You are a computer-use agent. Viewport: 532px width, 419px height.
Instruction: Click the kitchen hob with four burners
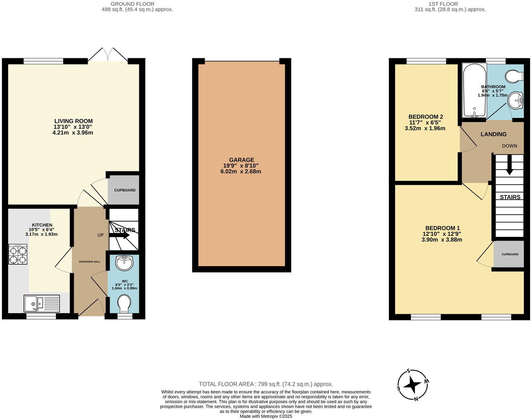18,254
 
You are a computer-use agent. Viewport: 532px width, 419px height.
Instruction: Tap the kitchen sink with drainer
41,303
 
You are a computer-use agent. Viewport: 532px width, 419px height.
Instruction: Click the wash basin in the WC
124,263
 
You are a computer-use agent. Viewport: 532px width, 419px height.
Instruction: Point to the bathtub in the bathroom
474,90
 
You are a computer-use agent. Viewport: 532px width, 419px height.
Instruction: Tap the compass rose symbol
413,385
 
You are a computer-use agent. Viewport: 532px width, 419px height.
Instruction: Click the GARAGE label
241,160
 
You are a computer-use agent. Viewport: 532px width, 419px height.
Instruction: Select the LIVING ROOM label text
73,121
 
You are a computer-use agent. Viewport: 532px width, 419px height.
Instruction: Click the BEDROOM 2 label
426,117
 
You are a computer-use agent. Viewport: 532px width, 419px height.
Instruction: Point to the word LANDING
493,134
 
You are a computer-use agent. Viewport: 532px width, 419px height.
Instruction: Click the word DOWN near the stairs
509,146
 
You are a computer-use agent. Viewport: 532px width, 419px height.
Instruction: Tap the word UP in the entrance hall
101,235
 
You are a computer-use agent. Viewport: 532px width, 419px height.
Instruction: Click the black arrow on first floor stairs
509,166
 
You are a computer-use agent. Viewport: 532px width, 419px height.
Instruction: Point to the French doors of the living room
108,55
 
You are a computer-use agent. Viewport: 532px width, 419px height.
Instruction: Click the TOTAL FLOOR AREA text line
266,384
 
